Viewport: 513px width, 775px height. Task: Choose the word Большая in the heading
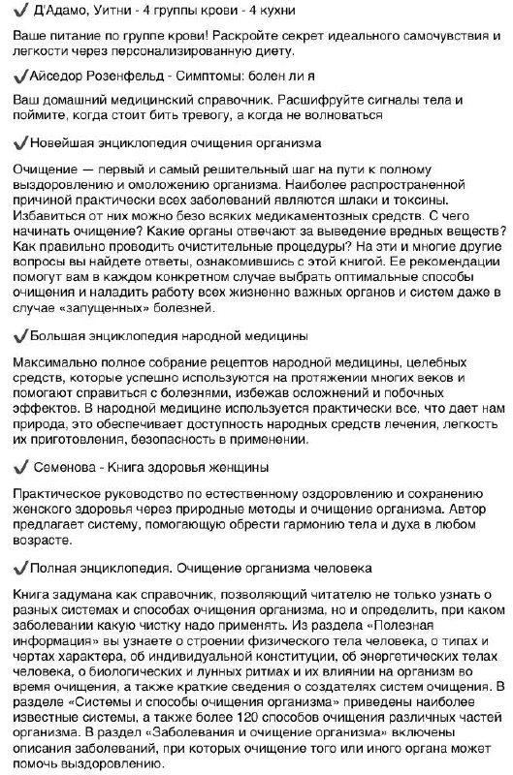57,335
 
